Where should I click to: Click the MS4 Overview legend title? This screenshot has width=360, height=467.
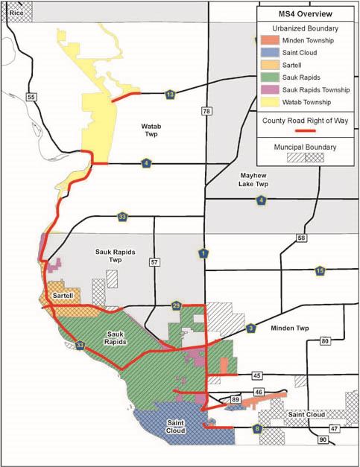(306, 14)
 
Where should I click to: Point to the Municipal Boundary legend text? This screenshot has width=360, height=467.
(306, 147)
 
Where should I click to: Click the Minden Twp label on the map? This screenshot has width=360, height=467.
(288, 328)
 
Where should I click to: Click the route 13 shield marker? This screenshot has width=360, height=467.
(171, 94)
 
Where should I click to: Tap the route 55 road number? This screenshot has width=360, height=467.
(30, 97)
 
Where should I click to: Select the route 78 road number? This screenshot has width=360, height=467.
(206, 111)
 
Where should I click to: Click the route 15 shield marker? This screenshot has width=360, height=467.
(320, 270)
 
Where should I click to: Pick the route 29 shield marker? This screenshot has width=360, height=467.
(177, 305)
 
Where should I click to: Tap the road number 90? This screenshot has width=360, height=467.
(323, 441)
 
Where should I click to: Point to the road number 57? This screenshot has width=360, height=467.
(155, 262)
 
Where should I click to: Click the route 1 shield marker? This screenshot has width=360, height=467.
(203, 253)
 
